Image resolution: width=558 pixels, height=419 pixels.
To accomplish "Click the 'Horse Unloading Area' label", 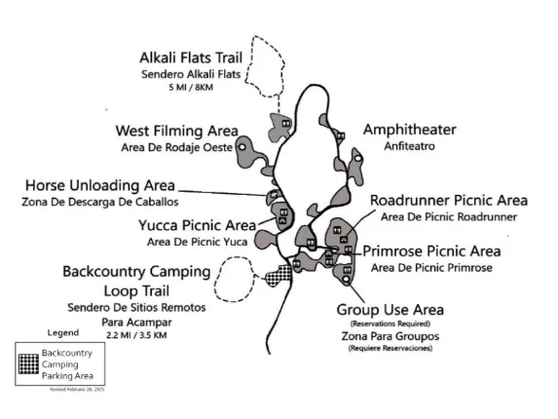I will tap(99, 185).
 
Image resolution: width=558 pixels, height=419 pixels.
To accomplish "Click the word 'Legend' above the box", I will tap(62, 333).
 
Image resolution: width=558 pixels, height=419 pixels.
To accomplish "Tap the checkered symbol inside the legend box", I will tap(30, 363).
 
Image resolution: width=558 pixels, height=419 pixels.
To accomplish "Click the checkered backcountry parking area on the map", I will tap(277, 276).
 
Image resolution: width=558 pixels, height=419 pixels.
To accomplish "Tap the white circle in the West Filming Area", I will tap(242, 146).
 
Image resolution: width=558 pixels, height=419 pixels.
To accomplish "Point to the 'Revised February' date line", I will tap(76, 389).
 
